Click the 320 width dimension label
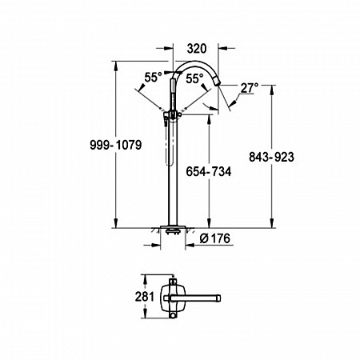(197, 49)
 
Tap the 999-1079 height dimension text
(115, 145)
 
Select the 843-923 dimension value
(271, 157)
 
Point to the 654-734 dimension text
(209, 171)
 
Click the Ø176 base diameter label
(214, 238)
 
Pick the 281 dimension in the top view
(145, 297)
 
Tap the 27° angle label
(250, 88)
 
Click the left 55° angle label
(153, 78)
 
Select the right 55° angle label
(194, 78)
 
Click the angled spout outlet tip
(217, 82)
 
